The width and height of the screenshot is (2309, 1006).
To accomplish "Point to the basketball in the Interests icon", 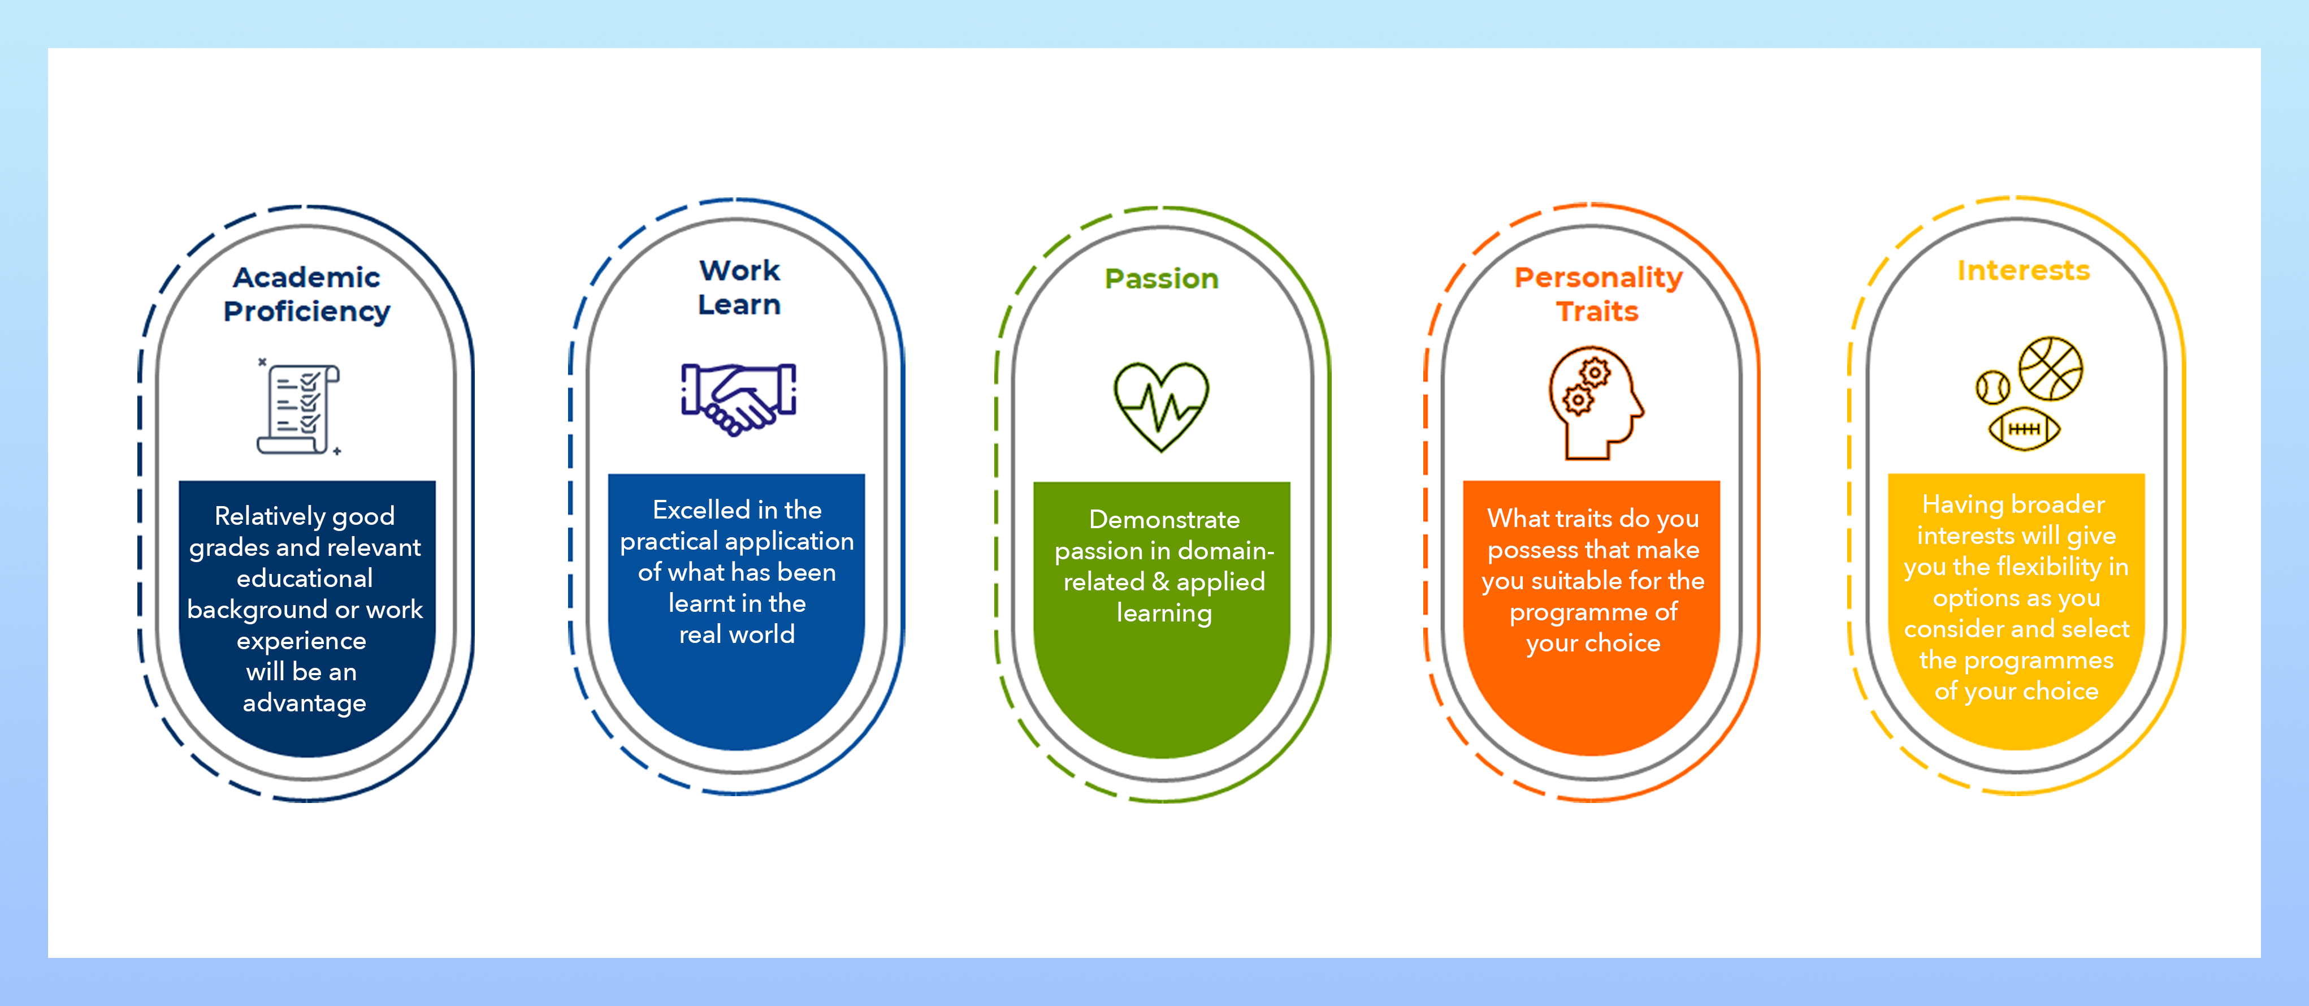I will point(2051,368).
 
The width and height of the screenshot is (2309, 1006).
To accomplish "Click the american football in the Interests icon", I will point(2024,429).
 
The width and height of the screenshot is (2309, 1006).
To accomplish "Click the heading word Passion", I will point(1161,279).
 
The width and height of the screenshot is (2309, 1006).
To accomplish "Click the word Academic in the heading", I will point(306,277).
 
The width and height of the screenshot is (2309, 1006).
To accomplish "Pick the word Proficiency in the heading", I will point(306,311).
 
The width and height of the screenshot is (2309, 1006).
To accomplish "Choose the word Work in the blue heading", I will point(739,270).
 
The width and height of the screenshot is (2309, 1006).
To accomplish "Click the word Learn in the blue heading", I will point(739,305).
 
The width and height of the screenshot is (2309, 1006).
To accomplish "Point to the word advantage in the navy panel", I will point(304,703).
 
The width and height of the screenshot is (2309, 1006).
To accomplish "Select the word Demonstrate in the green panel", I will point(1163,520).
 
